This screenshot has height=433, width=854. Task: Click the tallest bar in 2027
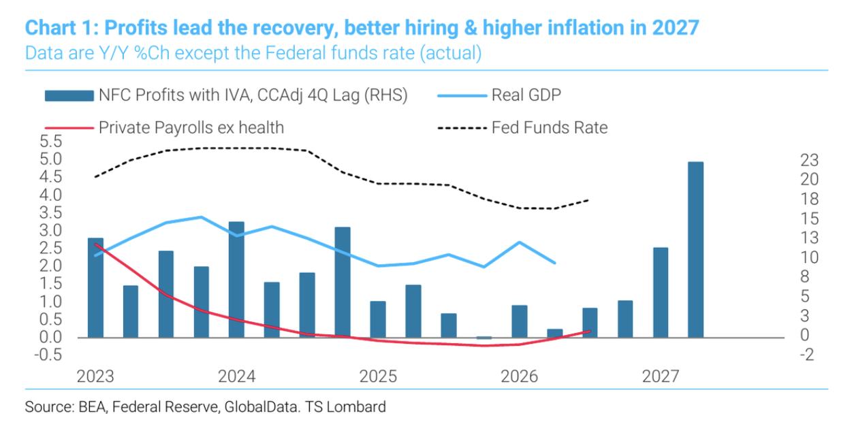tap(696, 250)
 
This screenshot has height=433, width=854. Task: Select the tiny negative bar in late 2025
tap(484, 338)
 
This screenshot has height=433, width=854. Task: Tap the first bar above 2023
tap(95, 288)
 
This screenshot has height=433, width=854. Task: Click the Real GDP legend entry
tap(499, 95)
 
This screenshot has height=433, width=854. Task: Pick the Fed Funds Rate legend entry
tap(523, 128)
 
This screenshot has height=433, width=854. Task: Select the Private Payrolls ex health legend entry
tap(164, 128)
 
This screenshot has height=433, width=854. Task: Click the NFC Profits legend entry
tap(226, 95)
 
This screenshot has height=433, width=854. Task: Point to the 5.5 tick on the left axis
tap(50, 142)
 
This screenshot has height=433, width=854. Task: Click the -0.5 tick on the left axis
tap(48, 355)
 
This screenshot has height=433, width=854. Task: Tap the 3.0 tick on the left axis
tap(50, 231)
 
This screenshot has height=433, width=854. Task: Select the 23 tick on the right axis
tap(810, 160)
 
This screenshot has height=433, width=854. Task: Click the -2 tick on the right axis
tap(807, 355)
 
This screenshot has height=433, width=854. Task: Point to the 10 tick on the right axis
tap(810, 257)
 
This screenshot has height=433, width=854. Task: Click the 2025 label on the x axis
tap(378, 376)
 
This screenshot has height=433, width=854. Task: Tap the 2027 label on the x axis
tap(661, 376)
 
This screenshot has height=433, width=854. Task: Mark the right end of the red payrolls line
tap(590, 332)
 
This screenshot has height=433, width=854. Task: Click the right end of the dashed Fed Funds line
tap(588, 200)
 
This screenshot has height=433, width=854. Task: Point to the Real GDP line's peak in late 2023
tap(201, 217)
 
